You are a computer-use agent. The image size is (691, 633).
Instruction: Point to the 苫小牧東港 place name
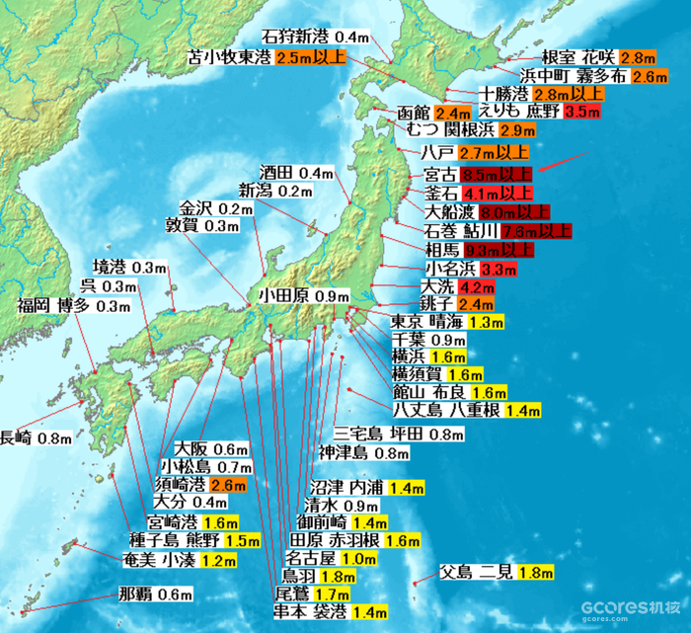pyautogui.click(x=229, y=57)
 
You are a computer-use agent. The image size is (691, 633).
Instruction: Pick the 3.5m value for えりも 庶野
pyautogui.click(x=582, y=112)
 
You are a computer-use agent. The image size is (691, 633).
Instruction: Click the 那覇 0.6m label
pyautogui.click(x=154, y=594)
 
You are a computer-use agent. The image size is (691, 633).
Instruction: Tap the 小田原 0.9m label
pyautogui.click(x=304, y=295)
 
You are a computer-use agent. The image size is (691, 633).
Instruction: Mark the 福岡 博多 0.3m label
pyautogui.click(x=74, y=306)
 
